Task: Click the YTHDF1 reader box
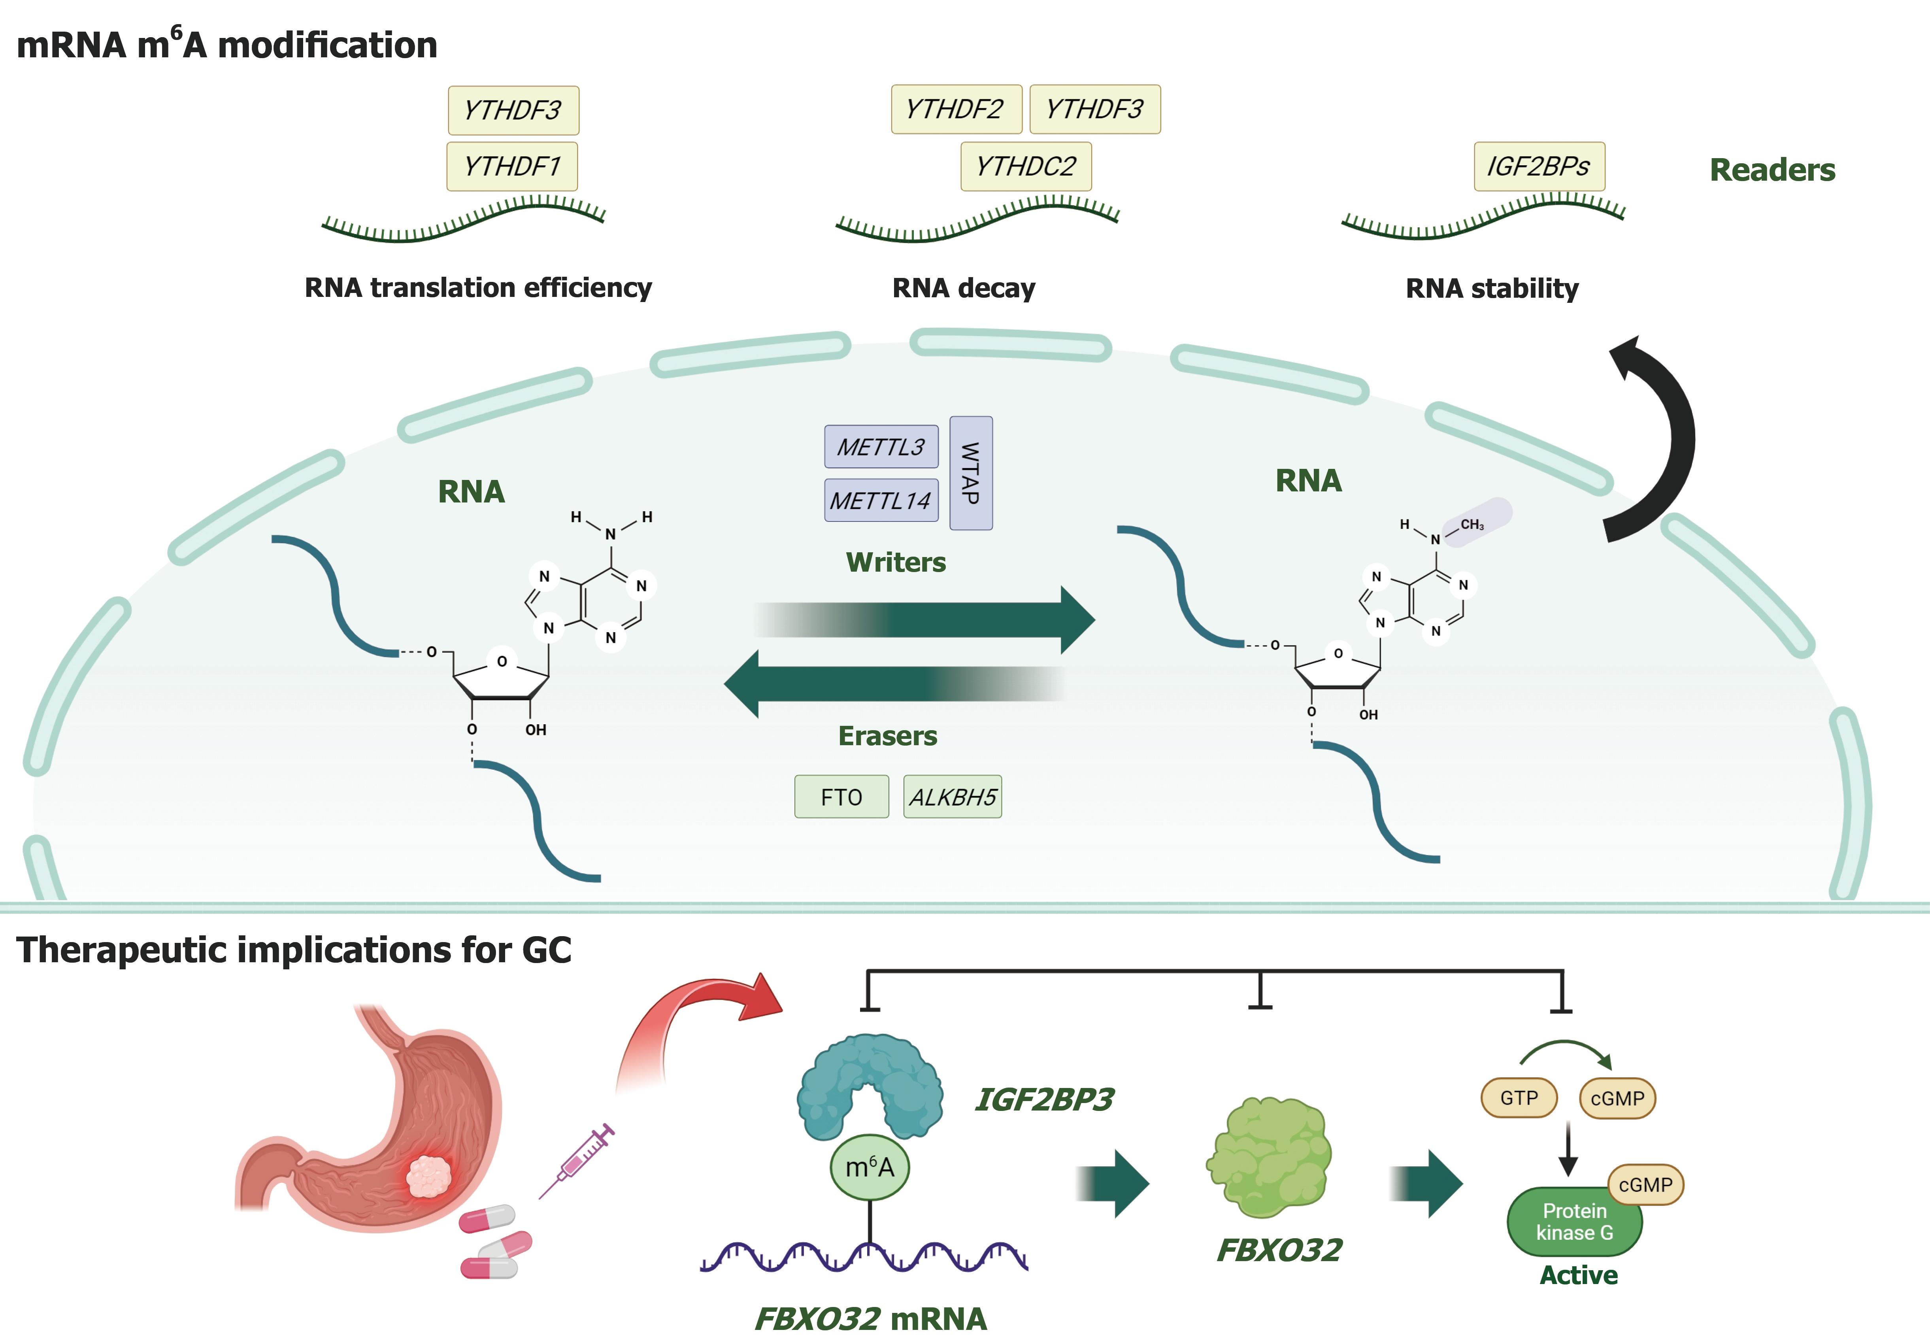[511, 166]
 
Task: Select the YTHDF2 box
[956, 109]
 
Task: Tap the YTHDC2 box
[1026, 166]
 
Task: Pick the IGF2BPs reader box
[1539, 166]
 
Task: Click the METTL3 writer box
[881, 446]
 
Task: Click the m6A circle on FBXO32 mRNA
[870, 1167]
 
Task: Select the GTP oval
[1519, 1098]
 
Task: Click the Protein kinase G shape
[1574, 1222]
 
